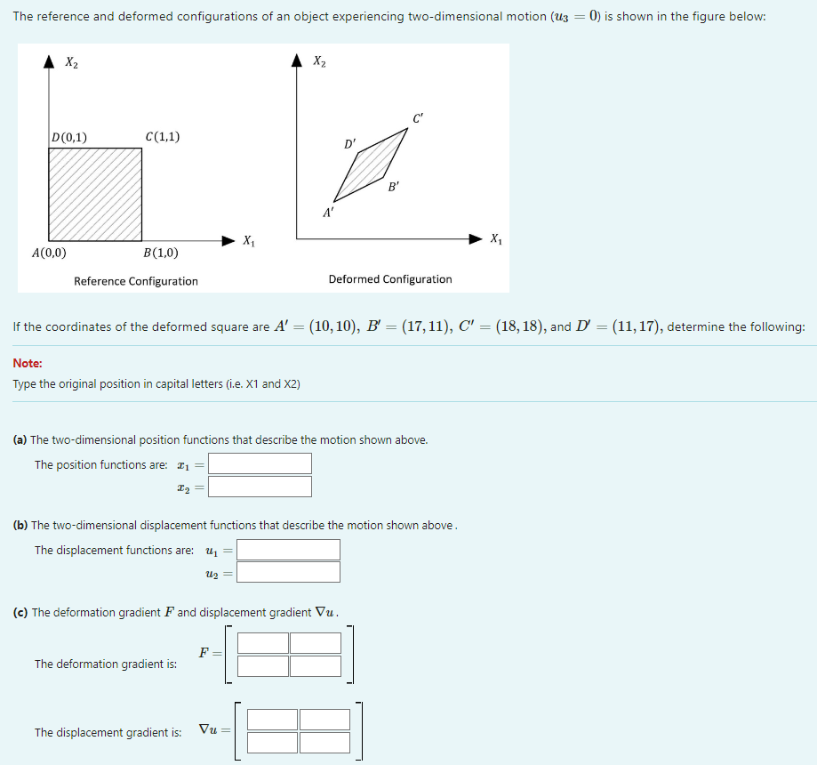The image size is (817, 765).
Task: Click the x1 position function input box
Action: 260,463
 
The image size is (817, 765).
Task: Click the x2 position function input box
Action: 260,487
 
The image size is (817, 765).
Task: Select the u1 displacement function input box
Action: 288,550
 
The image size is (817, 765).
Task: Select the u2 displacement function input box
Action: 288,572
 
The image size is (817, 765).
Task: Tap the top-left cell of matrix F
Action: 263,643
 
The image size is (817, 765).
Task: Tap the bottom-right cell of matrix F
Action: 316,665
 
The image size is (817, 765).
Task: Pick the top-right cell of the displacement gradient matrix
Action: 324,720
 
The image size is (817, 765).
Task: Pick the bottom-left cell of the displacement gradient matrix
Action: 272,742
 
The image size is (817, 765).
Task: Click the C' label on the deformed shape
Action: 418,118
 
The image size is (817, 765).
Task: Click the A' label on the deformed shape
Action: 328,212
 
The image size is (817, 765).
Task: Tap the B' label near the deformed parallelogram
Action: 394,187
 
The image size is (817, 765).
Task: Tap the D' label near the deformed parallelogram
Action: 349,143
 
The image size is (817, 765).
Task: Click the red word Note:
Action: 28,363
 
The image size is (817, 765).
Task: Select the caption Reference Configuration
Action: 136,281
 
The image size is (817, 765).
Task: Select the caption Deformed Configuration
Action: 390,279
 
